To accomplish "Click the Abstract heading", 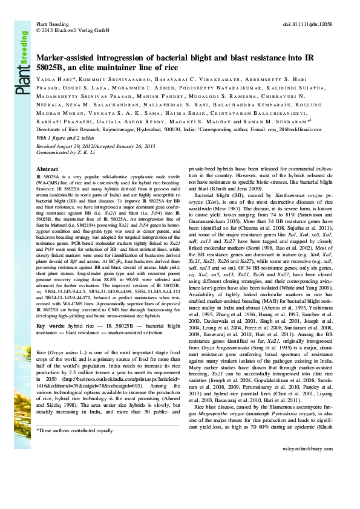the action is coord(47,169).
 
